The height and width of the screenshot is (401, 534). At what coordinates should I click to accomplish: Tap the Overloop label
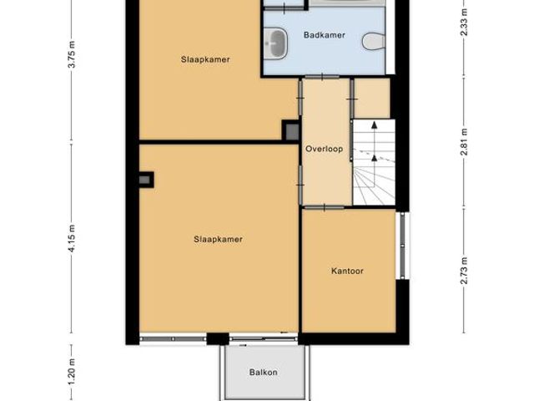[x=324, y=150]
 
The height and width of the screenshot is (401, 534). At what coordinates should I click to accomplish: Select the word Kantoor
[x=347, y=272]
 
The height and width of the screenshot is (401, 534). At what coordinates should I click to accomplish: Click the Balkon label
[x=263, y=373]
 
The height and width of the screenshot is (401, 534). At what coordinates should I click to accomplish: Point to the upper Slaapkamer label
[x=205, y=59]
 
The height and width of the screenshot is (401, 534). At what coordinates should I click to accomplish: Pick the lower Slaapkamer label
[x=218, y=239]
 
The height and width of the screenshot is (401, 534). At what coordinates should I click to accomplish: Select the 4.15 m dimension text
[x=73, y=231]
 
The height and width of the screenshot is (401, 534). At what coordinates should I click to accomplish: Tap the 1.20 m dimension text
[x=73, y=368]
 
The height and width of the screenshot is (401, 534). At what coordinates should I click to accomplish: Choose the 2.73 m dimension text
[x=465, y=272]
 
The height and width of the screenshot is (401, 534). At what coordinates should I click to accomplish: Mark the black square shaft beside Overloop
[x=291, y=130]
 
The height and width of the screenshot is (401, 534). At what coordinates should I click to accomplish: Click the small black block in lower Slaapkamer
[x=145, y=179]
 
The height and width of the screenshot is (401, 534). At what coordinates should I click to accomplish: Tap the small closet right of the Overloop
[x=372, y=99]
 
